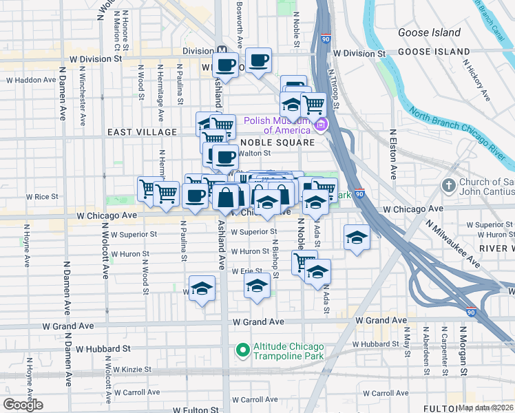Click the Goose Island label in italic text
click(430, 32)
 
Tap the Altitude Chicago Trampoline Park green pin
click(242, 350)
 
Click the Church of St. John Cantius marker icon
click(449, 185)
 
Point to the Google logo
click(23, 405)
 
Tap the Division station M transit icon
click(222, 50)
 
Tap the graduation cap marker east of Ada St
click(356, 237)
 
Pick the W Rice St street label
click(43, 197)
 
